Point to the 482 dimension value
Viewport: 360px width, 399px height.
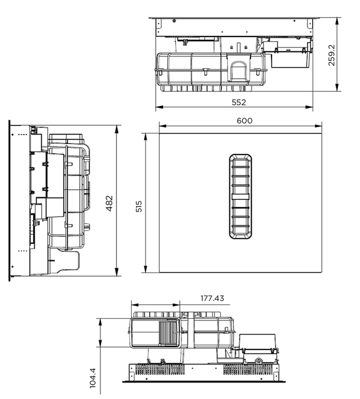coord(110,203)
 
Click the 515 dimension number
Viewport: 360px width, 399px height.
coord(139,205)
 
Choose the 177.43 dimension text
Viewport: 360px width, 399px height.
coord(212,298)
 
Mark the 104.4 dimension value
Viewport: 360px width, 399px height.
coord(93,378)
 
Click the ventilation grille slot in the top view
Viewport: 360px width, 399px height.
coord(241,195)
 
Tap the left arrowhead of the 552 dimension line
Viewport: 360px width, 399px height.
coord(158,107)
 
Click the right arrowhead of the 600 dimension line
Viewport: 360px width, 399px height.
coord(321,126)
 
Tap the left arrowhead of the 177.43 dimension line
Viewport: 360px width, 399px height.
coord(132,304)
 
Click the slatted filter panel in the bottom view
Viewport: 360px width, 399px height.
coord(168,332)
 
